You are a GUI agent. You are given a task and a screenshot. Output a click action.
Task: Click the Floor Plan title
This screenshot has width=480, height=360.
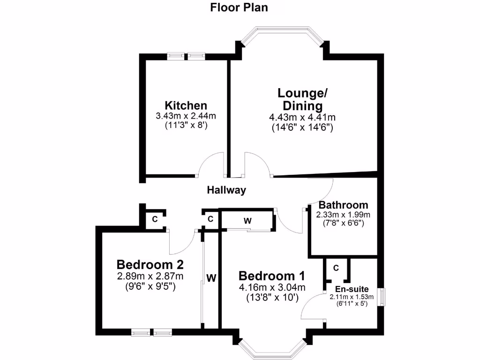(239, 7)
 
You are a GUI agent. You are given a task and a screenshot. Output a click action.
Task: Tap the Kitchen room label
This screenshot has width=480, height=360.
(186, 105)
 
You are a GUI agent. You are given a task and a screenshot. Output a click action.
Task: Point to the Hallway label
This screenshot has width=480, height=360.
(226, 190)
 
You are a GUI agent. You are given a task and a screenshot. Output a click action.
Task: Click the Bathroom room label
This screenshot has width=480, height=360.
(343, 205)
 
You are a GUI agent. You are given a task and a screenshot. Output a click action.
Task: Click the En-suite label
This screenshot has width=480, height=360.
(352, 289)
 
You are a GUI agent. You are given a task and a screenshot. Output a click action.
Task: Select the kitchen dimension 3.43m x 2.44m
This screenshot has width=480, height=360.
(186, 116)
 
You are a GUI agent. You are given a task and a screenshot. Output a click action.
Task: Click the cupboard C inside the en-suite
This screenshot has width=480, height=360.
(336, 268)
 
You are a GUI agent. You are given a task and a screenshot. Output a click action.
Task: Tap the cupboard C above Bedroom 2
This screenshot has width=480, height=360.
(154, 219)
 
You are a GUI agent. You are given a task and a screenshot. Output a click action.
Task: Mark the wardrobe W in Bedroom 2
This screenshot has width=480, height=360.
(211, 278)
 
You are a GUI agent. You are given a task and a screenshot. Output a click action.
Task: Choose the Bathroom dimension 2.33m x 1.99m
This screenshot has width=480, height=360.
(343, 215)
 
